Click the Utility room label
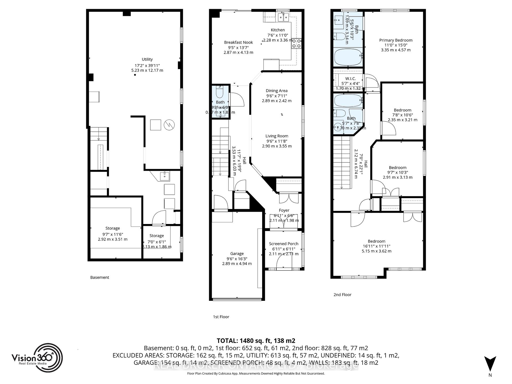coord(147,59)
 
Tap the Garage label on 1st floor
coord(237,254)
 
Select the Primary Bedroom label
coord(396,40)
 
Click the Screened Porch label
coord(283,244)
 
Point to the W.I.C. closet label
coord(350,78)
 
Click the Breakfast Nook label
coord(238,42)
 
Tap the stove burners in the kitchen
coord(297,43)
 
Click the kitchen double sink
coord(283,18)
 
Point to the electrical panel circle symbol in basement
coord(169,125)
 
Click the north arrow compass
coord(490,364)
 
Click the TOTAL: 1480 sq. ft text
coord(256,341)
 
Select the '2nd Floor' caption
coord(342,295)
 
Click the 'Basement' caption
coord(99,277)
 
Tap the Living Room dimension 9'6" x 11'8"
coord(277,141)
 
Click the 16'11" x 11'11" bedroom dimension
coord(377,246)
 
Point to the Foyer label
coord(284,210)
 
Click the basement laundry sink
coord(165,176)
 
